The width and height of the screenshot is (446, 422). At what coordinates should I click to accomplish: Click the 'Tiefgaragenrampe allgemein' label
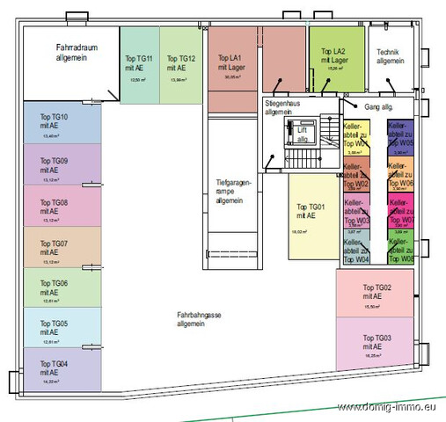click(x=234, y=192)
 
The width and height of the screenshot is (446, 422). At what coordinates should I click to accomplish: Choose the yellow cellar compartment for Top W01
click(x=355, y=135)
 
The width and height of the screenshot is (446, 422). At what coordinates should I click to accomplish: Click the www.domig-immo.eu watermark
click(x=389, y=407)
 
